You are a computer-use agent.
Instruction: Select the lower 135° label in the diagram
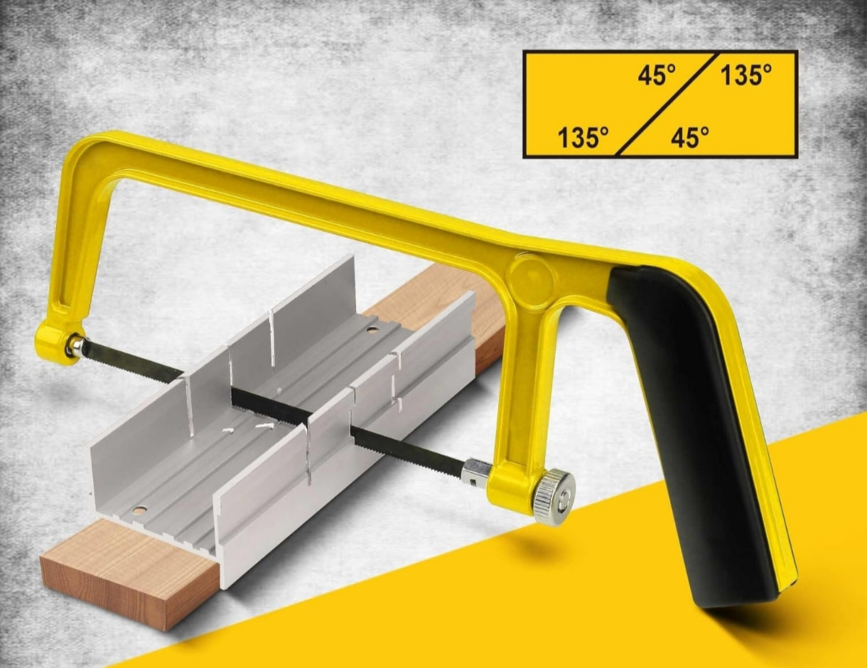pos(583,137)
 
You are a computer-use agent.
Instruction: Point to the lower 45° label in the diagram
pos(690,137)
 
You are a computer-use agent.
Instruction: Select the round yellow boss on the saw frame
pos(532,276)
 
